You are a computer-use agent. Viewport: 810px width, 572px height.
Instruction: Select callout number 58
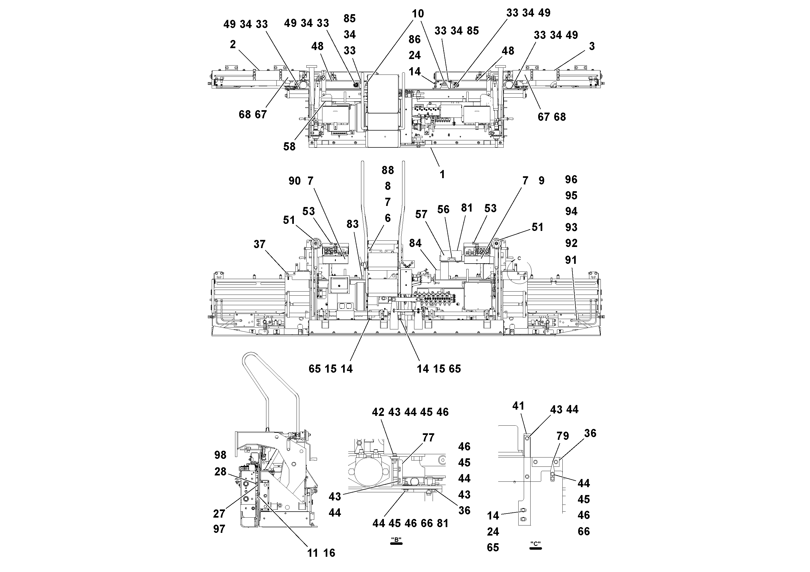coord(289,147)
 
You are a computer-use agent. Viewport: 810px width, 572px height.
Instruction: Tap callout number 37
coord(259,244)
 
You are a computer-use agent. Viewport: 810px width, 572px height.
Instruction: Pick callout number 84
coord(415,243)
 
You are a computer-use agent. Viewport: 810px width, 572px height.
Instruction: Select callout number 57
coord(421,214)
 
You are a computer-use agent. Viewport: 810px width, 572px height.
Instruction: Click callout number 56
coord(443,209)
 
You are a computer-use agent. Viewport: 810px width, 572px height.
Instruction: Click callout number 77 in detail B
coord(428,438)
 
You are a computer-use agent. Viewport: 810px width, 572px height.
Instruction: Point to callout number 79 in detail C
coord(563,436)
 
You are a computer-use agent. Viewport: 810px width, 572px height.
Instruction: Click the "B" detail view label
coord(396,540)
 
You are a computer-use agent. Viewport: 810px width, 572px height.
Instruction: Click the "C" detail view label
coord(535,544)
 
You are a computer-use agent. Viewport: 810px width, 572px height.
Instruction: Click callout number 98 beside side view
coord(220,455)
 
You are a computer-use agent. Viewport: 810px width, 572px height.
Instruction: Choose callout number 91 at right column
coord(571,260)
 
